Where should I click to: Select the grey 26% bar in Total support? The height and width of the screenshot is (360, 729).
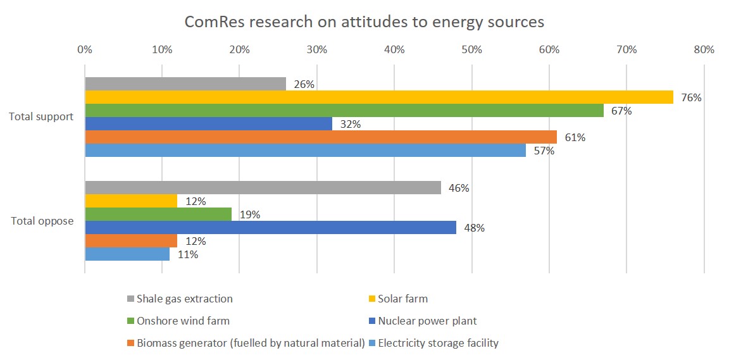[x=185, y=84]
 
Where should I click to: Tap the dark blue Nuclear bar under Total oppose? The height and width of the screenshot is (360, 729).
[x=270, y=228]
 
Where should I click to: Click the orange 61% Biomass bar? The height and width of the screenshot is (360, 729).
[x=321, y=137]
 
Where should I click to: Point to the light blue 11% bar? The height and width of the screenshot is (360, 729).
[x=127, y=254]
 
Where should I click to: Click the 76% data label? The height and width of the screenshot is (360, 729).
[x=692, y=98]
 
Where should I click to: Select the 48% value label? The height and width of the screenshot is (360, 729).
[x=475, y=228]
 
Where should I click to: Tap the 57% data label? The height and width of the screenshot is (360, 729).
[x=544, y=151]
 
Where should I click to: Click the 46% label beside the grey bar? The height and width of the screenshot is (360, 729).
[x=459, y=189]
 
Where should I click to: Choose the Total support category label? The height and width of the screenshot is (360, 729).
[x=41, y=117]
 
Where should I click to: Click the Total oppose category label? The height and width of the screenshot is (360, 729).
[x=42, y=221]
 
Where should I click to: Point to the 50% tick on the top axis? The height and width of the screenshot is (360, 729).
[x=471, y=49]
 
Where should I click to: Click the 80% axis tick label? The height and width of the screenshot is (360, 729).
[x=704, y=49]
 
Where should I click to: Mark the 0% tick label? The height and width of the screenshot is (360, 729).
[x=85, y=49]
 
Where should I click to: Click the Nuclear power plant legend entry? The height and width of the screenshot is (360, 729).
[x=427, y=321]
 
